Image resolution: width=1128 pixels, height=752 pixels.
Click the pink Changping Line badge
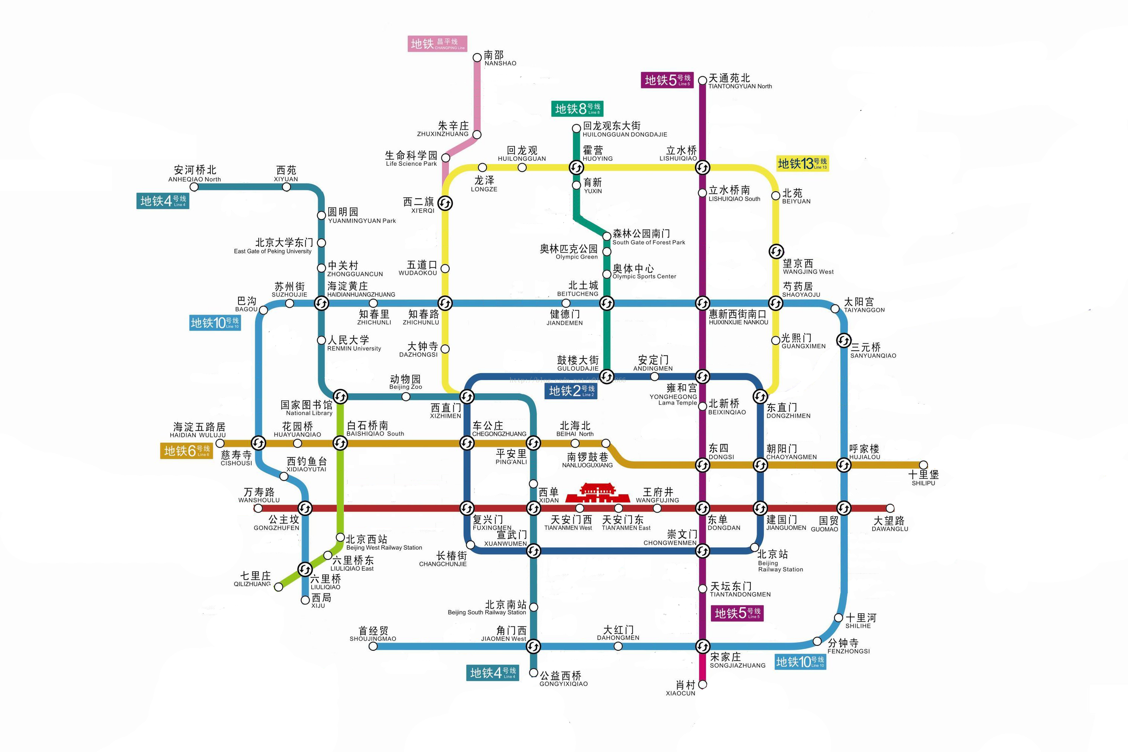pyautogui.click(x=437, y=43)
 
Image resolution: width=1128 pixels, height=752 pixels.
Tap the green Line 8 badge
pyautogui.click(x=577, y=109)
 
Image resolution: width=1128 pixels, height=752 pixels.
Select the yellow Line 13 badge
pyautogui.click(x=802, y=163)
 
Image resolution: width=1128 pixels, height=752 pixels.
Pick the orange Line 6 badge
pyautogui.click(x=186, y=451)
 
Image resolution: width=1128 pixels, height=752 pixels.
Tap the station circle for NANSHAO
pyautogui.click(x=477, y=58)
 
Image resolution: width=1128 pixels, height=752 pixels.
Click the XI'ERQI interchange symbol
pyautogui.click(x=445, y=203)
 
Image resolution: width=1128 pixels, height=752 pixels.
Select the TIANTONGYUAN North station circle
pyautogui.click(x=702, y=80)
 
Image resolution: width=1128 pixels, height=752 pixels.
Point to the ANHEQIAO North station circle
pyautogui.click(x=194, y=187)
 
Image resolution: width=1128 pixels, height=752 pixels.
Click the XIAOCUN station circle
pyautogui.click(x=703, y=685)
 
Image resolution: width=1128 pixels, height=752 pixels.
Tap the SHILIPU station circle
pyautogui.click(x=923, y=465)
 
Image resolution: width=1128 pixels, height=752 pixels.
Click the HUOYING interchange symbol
pyautogui.click(x=576, y=167)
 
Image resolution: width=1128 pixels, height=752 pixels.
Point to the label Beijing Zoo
pyautogui.click(x=405, y=383)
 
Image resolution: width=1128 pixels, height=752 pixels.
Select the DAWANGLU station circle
pyautogui.click(x=890, y=508)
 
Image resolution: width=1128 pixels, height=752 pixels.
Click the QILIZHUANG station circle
pyautogui.click(x=278, y=587)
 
